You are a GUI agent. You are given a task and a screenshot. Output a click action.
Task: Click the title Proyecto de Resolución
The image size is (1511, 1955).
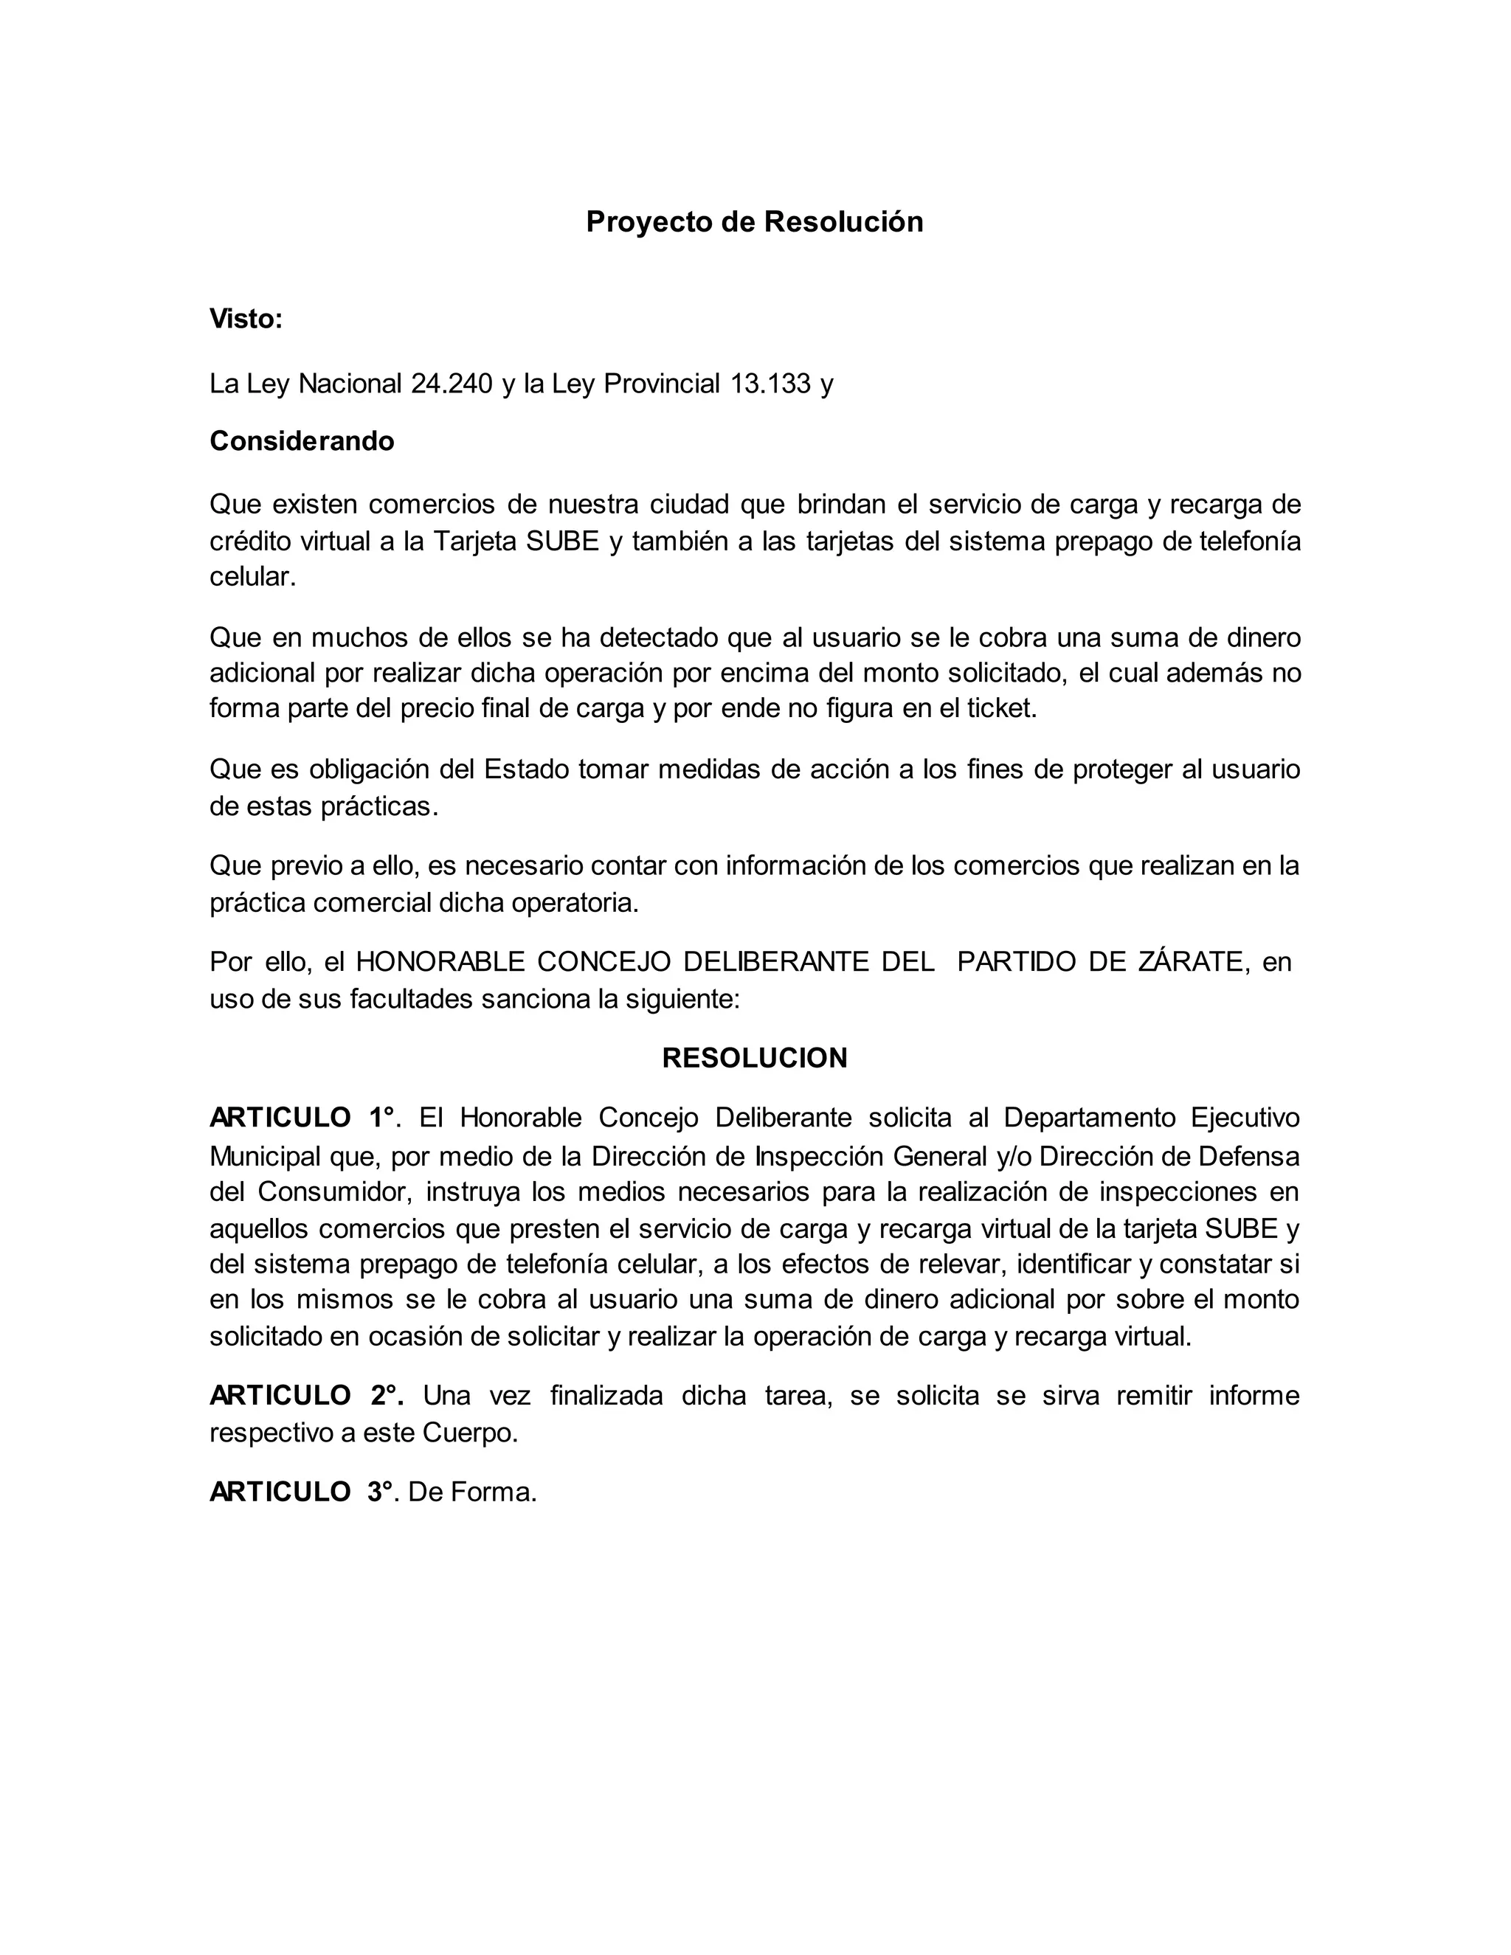tap(755, 222)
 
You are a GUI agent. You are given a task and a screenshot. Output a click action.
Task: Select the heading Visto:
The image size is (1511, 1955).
tap(245, 319)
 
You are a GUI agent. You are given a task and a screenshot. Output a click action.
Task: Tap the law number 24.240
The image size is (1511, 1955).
tap(452, 384)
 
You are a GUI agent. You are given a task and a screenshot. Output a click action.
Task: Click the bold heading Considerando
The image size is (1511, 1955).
tap(302, 441)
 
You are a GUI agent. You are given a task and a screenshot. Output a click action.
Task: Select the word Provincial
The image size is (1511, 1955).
tap(662, 384)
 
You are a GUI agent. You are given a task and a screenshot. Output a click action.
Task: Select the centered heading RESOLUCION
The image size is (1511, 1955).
tap(755, 1058)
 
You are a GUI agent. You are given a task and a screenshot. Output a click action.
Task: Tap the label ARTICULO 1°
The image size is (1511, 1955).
tap(302, 1118)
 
